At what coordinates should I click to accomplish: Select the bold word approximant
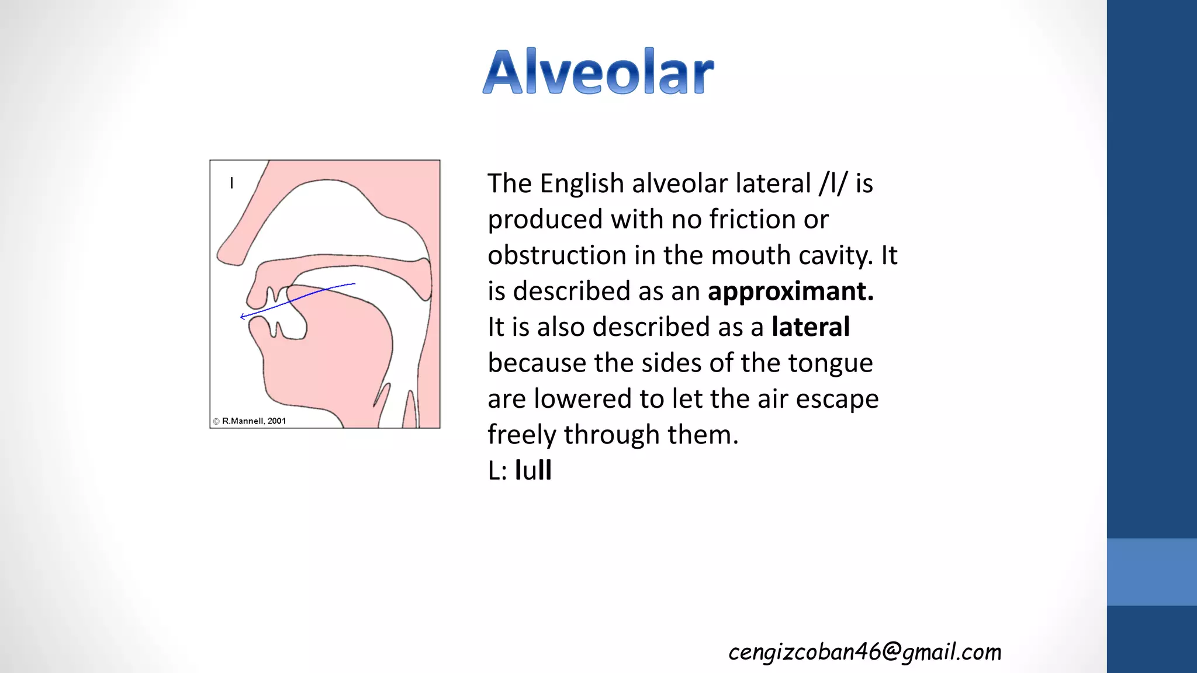(x=790, y=291)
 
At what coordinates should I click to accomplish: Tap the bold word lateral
(x=810, y=327)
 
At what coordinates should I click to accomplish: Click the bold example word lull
(x=533, y=470)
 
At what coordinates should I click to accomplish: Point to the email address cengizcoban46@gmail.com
(x=864, y=651)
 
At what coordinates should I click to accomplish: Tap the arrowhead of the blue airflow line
(x=243, y=317)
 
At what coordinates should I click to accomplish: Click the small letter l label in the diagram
(x=232, y=183)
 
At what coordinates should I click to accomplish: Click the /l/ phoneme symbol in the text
(x=833, y=183)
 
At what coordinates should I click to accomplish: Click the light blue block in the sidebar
(x=1151, y=571)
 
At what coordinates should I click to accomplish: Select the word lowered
(x=582, y=399)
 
